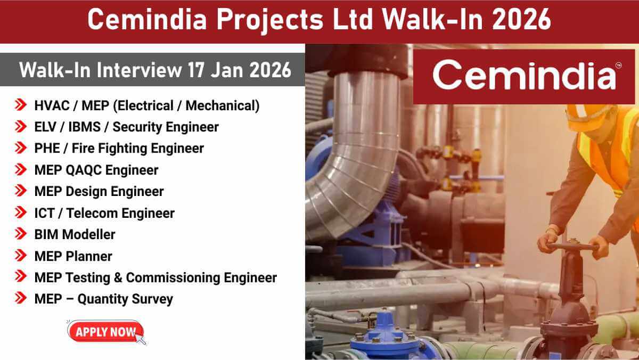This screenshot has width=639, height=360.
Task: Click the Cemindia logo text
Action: [x=525, y=76]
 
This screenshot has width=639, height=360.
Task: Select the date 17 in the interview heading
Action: [x=199, y=70]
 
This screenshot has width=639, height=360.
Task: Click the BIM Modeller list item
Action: [x=75, y=234]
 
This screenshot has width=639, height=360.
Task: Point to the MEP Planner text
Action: [x=73, y=256]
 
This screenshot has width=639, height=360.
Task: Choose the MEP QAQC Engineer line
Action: [x=96, y=170]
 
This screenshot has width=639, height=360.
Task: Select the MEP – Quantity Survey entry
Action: [x=103, y=299]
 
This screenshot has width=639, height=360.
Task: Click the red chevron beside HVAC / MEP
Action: [x=21, y=105]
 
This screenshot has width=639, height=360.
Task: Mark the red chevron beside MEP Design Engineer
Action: [x=21, y=191]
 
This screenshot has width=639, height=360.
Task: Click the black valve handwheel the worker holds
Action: [x=572, y=247]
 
